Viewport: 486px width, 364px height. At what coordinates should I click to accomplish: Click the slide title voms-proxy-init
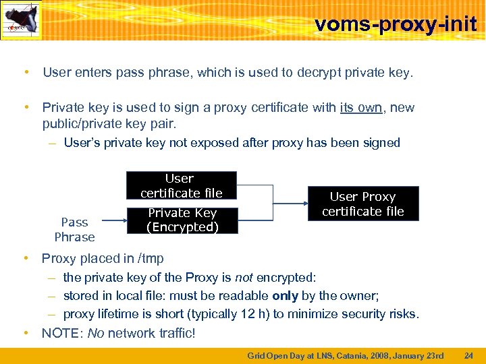click(x=396, y=25)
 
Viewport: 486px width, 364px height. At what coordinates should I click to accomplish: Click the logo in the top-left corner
click(x=22, y=20)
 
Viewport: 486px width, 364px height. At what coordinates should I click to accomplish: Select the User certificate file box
click(x=181, y=185)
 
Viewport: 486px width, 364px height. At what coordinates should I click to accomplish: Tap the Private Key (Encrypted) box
click(x=182, y=220)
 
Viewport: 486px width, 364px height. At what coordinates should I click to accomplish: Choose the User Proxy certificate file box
click(x=363, y=204)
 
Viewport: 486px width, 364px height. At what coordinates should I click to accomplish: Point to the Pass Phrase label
click(x=74, y=229)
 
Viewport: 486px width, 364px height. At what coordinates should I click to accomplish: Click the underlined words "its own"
click(x=361, y=108)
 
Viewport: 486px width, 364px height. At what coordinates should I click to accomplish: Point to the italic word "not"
click(x=244, y=277)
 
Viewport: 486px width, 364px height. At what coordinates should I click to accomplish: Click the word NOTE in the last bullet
click(x=61, y=332)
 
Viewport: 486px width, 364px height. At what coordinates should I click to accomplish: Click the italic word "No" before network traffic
click(x=96, y=332)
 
